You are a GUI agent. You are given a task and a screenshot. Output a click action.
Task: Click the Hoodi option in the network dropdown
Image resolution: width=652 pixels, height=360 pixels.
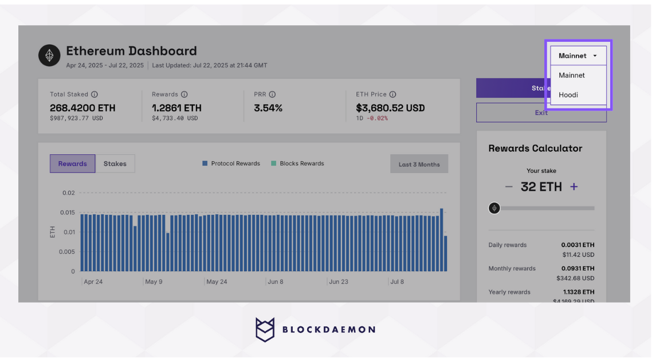[x=568, y=95]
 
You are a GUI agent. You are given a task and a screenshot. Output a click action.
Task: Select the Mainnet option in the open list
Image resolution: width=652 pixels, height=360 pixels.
[x=572, y=75]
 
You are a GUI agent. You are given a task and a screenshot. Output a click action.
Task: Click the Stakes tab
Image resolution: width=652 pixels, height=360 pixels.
[x=115, y=163]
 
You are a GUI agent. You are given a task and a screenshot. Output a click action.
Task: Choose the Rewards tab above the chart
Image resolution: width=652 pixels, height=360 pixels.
[x=72, y=163]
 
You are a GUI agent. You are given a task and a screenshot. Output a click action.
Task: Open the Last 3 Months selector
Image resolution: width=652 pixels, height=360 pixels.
[x=419, y=164]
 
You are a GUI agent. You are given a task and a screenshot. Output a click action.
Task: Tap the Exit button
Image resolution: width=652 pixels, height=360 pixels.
[x=541, y=113]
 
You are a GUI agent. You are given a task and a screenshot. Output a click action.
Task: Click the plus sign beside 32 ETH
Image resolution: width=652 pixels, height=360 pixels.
[x=574, y=187]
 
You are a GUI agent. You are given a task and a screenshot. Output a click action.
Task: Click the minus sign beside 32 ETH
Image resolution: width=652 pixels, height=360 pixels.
[x=508, y=187]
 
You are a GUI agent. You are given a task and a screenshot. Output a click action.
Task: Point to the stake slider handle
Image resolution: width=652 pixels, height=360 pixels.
[x=494, y=208]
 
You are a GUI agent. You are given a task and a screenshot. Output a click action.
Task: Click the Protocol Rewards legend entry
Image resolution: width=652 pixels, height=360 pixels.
[x=231, y=163]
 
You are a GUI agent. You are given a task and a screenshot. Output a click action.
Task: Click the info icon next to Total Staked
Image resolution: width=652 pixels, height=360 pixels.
[x=95, y=94]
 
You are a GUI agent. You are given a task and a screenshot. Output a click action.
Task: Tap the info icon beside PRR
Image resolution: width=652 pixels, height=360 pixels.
[x=272, y=94]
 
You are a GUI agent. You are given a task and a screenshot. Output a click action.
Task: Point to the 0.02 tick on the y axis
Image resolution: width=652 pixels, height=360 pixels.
[x=68, y=193]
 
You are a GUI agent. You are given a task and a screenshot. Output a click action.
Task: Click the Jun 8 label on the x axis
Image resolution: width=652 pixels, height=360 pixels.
[x=275, y=282]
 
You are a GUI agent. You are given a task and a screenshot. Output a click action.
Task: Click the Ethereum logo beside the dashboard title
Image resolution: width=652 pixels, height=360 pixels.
[x=49, y=56]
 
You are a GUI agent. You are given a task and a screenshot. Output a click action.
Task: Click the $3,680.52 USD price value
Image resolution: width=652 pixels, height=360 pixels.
[x=390, y=108]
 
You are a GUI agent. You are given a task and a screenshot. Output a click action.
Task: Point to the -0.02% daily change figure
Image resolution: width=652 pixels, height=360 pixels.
[x=377, y=118]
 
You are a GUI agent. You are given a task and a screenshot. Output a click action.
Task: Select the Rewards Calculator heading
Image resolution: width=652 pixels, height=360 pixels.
[x=535, y=148]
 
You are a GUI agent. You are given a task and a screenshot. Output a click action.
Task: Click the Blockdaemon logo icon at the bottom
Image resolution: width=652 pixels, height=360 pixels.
[x=265, y=330]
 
